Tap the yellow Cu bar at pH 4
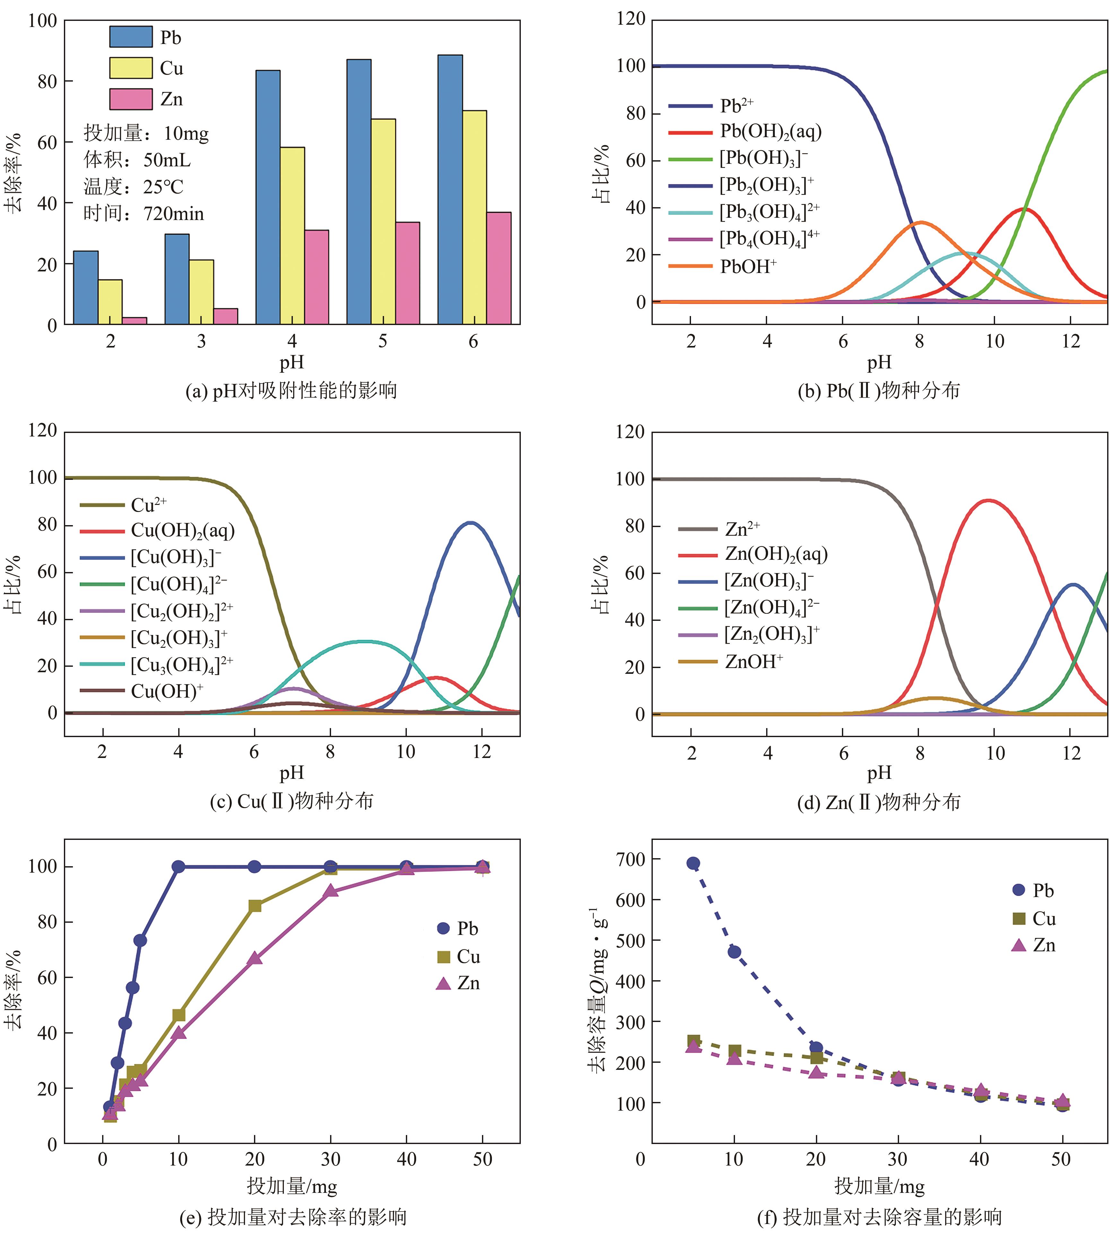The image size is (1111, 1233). point(293,235)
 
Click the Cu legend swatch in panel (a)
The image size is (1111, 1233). point(131,68)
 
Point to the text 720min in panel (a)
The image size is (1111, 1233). point(174,214)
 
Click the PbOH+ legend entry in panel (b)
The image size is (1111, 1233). point(748,266)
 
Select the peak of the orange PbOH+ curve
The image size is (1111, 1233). point(920,222)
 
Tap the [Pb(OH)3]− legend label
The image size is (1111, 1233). point(763,158)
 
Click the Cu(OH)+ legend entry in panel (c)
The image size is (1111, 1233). point(167,691)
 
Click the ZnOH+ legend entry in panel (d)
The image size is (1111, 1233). point(754,661)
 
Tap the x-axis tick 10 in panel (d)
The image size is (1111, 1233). point(995,753)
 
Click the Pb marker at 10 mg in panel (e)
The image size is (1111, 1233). point(178,867)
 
